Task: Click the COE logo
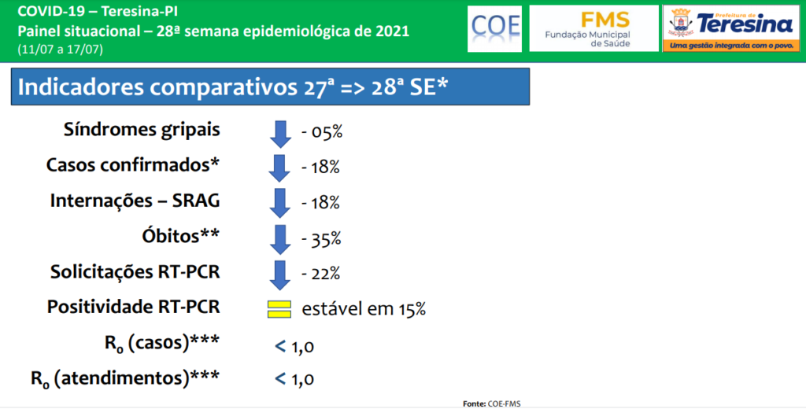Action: click(494, 29)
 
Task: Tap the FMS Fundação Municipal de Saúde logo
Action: click(593, 28)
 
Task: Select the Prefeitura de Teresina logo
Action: click(731, 28)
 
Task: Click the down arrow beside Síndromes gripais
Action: click(280, 134)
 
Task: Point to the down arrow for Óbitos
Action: click(280, 239)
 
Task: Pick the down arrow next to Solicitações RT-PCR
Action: click(280, 275)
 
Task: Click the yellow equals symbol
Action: click(279, 309)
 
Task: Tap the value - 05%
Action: click(322, 133)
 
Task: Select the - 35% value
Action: click(321, 240)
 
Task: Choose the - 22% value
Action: click(321, 274)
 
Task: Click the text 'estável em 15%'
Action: click(364, 309)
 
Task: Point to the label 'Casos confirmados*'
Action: click(132, 165)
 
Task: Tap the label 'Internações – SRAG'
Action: click(135, 201)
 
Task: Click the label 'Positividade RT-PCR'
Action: click(133, 307)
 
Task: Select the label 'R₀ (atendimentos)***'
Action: click(125, 378)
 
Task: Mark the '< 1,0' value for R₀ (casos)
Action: click(294, 348)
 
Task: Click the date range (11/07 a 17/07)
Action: click(60, 50)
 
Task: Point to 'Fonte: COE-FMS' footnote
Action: click(491, 403)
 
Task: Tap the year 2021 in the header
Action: click(391, 31)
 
